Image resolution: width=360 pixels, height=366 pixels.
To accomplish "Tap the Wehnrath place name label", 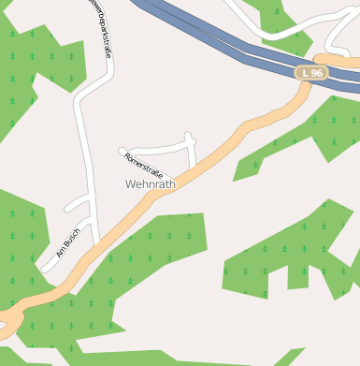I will coord(150,184).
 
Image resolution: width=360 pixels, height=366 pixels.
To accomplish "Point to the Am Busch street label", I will coord(69,241).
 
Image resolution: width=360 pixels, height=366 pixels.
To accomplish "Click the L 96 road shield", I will coord(312,72).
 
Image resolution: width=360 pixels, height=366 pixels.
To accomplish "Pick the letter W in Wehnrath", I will coord(131,184).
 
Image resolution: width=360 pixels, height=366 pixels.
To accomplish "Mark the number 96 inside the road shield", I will coord(317,72).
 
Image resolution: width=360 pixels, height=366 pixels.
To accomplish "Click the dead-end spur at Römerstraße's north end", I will coord(190,137).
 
